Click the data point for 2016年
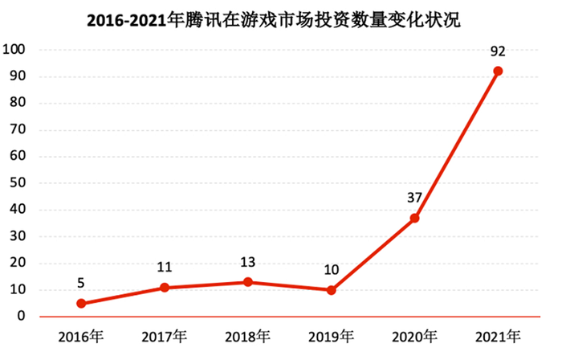[81, 303]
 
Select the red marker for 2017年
[165, 287]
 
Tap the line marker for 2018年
[248, 282]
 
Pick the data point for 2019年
[331, 290]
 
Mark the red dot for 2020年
[414, 218]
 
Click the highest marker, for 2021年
[498, 71]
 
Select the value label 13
[248, 263]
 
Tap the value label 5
[81, 284]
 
